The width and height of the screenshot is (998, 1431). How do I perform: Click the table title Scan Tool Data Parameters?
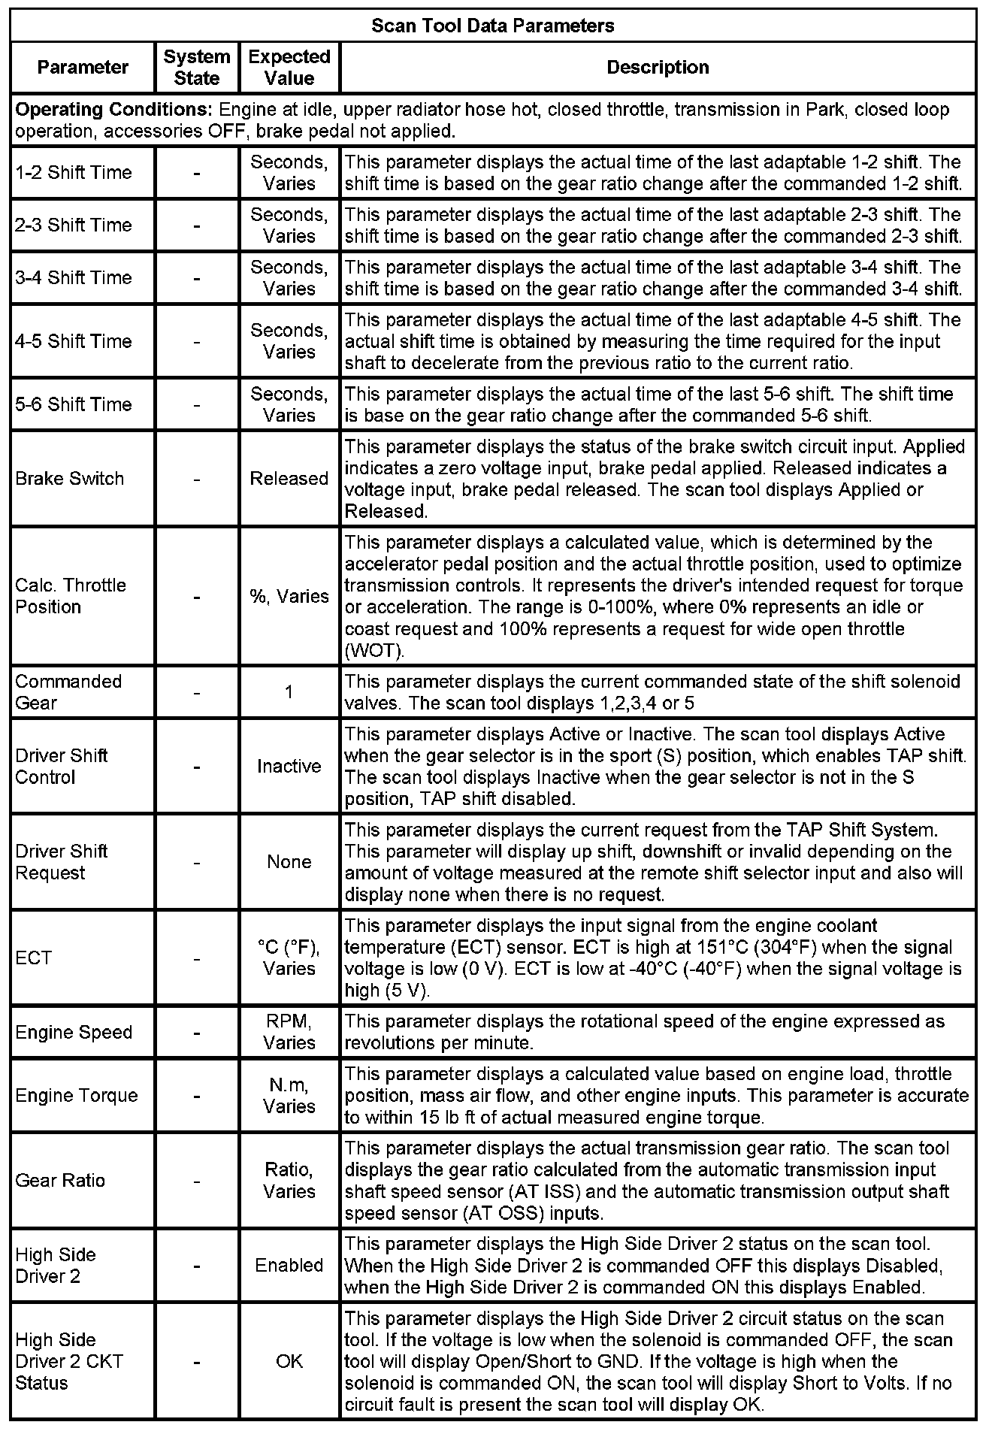493,26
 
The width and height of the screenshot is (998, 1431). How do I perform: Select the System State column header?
197,67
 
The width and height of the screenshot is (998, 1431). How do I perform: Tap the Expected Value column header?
289,67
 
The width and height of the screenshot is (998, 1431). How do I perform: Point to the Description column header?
658,67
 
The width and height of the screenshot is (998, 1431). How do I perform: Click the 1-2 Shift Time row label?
74,172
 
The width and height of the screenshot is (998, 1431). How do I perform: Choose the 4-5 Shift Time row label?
74,340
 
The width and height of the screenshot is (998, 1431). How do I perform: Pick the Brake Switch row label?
70,478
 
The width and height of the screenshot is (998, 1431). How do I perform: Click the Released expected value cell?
289,478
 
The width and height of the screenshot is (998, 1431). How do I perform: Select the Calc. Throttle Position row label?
71,595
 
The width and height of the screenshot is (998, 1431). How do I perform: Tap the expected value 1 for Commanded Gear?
289,691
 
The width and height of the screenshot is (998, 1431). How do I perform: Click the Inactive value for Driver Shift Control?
289,766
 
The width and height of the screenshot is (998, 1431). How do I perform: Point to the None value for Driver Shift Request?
289,861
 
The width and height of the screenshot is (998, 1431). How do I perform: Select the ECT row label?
34,958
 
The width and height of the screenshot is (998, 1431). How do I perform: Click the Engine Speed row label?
74,1032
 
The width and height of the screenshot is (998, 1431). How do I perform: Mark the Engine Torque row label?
77,1095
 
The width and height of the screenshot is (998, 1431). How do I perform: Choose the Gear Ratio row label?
60,1180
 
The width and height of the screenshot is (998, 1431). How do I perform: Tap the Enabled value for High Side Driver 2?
289,1265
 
